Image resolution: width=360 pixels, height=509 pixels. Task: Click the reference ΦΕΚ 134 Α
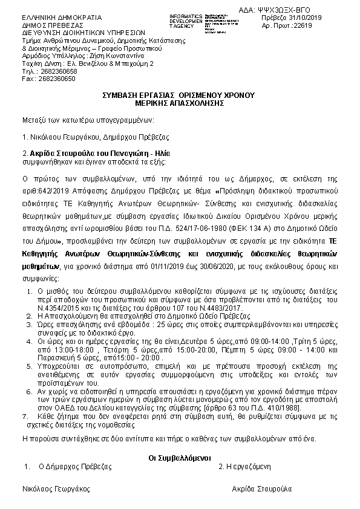point(209,230)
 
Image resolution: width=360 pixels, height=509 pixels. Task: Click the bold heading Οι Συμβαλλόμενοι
point(179,458)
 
